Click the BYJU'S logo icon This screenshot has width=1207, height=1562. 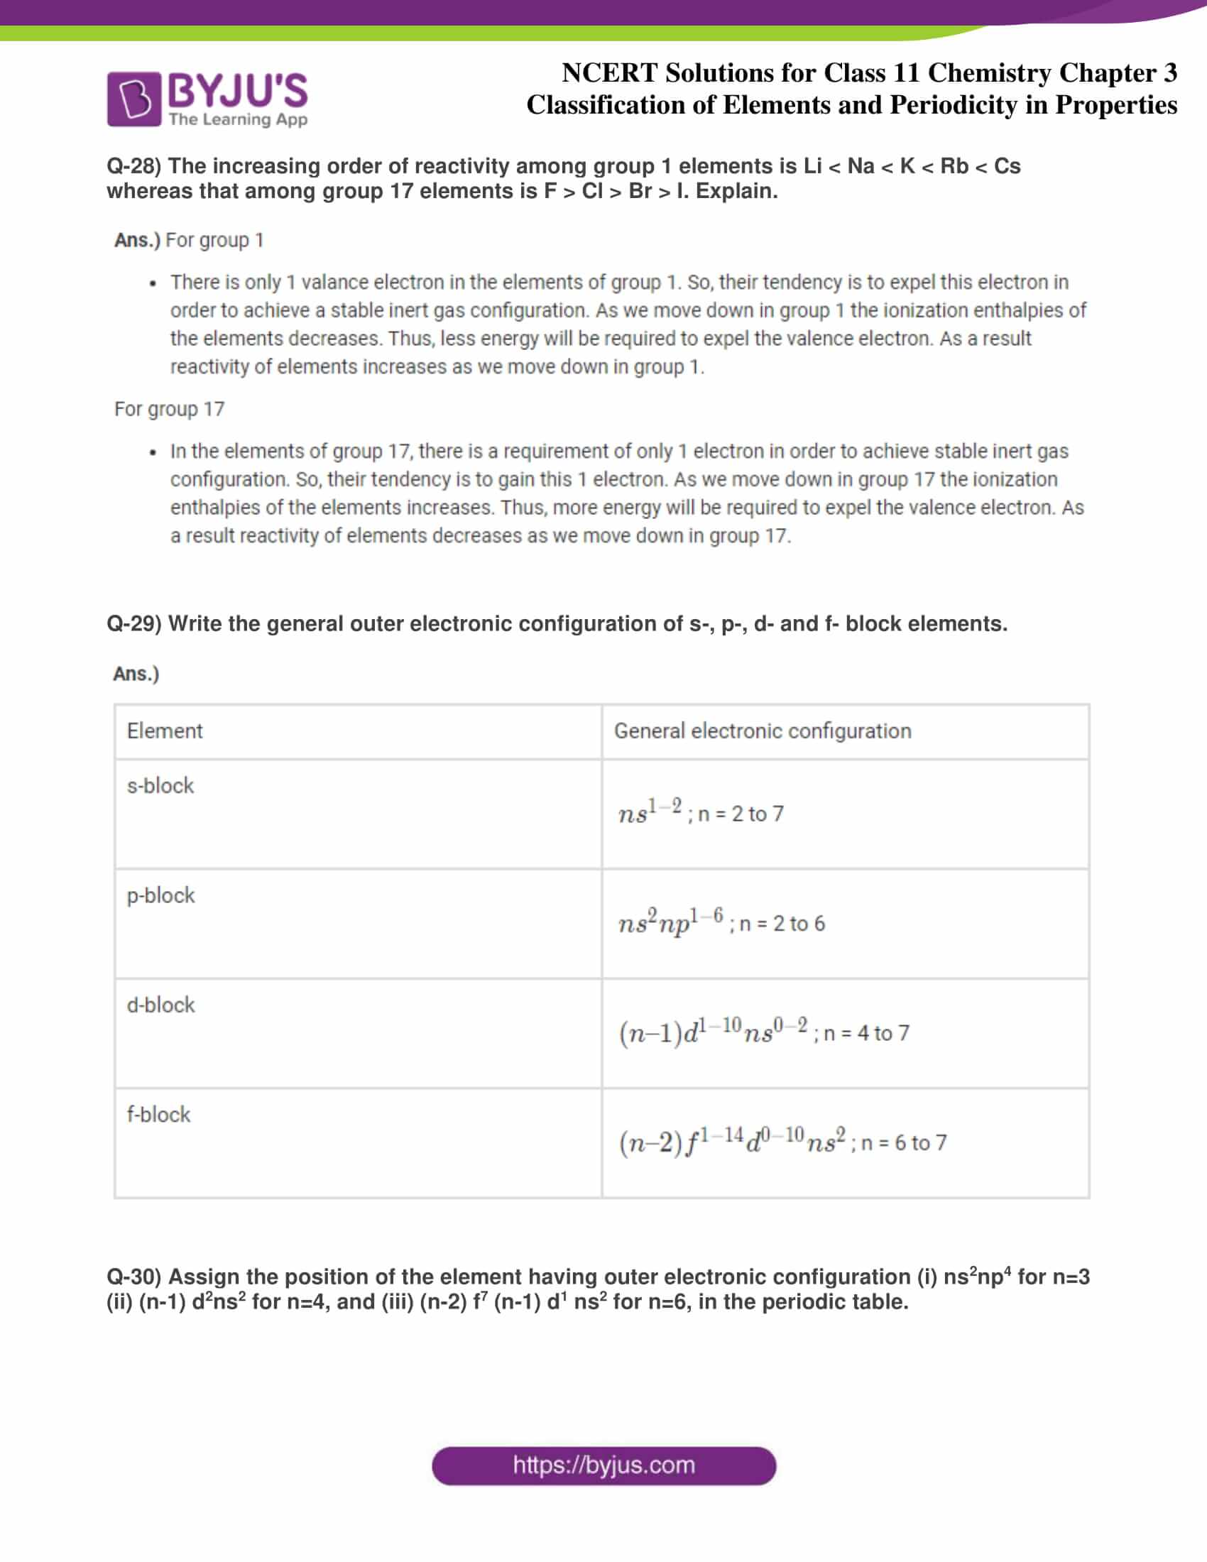[x=133, y=99]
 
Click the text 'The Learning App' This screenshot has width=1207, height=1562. [x=238, y=119]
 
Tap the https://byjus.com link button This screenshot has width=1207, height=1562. [x=603, y=1465]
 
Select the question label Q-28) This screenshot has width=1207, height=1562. [x=134, y=166]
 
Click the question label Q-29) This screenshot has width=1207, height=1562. [x=134, y=623]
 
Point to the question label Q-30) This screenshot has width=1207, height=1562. [x=134, y=1277]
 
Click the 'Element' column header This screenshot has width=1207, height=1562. [x=165, y=731]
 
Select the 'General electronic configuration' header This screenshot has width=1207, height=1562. [x=763, y=731]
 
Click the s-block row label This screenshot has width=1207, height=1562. [x=160, y=786]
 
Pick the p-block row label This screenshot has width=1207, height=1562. [x=161, y=895]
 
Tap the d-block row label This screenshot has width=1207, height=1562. [x=161, y=1005]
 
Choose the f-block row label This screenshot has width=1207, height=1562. [x=159, y=1114]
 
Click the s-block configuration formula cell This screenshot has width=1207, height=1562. [x=701, y=813]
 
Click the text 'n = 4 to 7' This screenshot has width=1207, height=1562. [x=866, y=1033]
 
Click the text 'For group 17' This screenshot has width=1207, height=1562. [x=170, y=409]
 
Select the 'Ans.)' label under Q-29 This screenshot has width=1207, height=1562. [x=136, y=674]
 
